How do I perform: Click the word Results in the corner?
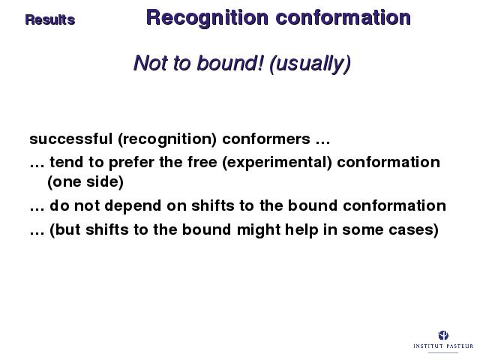[x=50, y=20]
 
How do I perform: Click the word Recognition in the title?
[x=207, y=18]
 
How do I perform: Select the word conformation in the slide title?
[x=343, y=17]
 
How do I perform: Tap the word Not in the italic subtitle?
[x=151, y=63]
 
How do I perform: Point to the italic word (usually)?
[x=310, y=64]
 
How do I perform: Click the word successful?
[x=71, y=139]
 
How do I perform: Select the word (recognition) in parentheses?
[x=167, y=139]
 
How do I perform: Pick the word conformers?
[x=266, y=139]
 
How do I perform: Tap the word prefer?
[x=131, y=162]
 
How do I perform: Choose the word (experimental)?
[x=277, y=163]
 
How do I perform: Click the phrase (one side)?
[x=85, y=181]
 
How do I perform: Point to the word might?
[x=259, y=230]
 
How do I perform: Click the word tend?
[x=67, y=162]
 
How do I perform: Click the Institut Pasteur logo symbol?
[x=443, y=335]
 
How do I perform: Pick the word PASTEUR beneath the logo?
[x=458, y=346]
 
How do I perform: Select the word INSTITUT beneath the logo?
[x=428, y=346]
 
